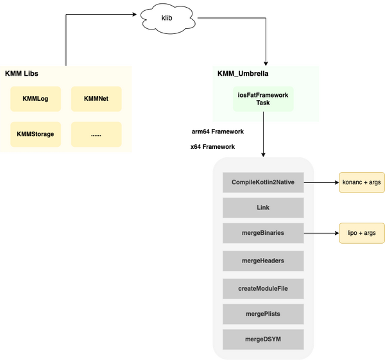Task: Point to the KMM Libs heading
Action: [22, 74]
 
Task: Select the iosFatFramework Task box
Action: [263, 99]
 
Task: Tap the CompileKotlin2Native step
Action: [263, 182]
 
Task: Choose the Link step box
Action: [263, 208]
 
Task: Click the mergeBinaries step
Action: [263, 234]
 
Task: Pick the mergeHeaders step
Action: [263, 261]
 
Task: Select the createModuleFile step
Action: [263, 288]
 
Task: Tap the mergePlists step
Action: [263, 314]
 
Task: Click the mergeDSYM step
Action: [263, 339]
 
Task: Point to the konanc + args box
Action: [362, 182]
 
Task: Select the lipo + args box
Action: [362, 234]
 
